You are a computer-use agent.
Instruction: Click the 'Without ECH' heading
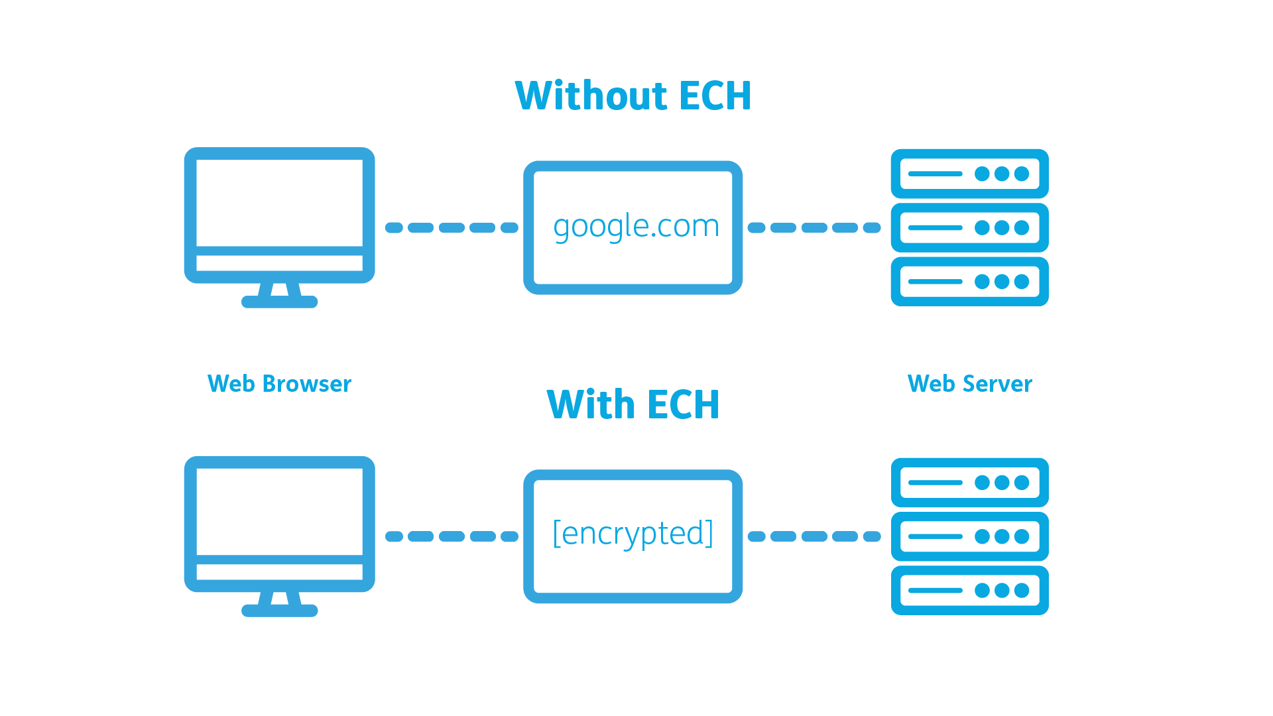tap(633, 95)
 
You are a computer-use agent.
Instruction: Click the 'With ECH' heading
tap(633, 404)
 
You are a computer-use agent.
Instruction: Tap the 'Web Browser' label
tap(279, 384)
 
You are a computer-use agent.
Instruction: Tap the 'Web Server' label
tap(969, 384)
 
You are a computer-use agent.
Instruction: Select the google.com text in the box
tap(636, 227)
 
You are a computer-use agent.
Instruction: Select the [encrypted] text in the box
tap(633, 534)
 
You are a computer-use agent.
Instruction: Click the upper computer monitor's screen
tap(279, 202)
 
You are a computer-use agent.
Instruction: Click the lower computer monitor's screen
tap(279, 511)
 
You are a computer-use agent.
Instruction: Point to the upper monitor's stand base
tap(279, 302)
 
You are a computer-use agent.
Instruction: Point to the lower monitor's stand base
tap(279, 611)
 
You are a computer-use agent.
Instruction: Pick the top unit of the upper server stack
tap(969, 174)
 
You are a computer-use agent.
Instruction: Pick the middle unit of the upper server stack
tap(969, 227)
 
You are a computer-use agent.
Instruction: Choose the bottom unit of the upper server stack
tap(969, 282)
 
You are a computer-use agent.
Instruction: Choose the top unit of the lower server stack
tap(969, 483)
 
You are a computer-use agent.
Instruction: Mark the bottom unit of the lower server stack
tap(969, 590)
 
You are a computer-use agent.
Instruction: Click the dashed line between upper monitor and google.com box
tap(452, 227)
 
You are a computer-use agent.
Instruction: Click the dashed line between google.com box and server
tap(814, 227)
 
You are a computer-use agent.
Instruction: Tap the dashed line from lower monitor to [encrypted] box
tap(452, 536)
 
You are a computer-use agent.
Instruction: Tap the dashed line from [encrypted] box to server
tap(814, 536)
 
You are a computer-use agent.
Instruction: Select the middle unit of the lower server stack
tap(969, 536)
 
